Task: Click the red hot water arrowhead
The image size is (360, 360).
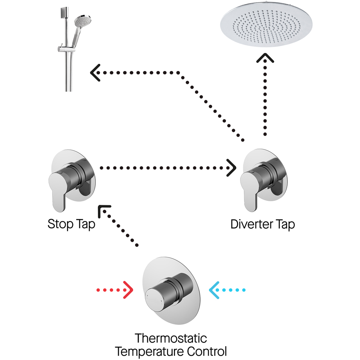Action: click(x=128, y=290)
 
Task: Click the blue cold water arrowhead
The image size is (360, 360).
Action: click(x=214, y=290)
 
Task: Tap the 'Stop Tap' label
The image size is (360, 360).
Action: click(x=71, y=224)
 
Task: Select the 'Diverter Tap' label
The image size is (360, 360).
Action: click(x=262, y=224)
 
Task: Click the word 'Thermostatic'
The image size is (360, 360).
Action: click(x=171, y=338)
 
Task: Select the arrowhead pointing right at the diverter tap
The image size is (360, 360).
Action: click(x=232, y=168)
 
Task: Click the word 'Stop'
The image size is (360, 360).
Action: click(x=59, y=224)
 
